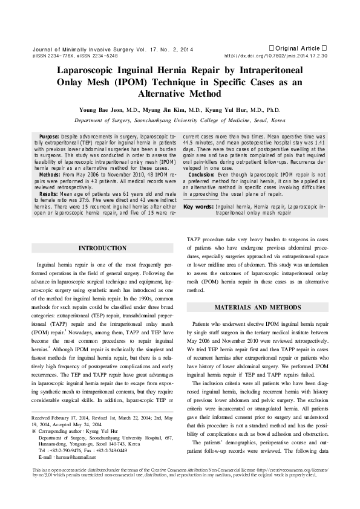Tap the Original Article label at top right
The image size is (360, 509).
click(297, 47)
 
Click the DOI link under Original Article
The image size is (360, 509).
click(276, 55)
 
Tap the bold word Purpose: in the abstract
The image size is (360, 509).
click(49, 137)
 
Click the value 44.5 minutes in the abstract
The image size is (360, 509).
click(200, 143)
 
